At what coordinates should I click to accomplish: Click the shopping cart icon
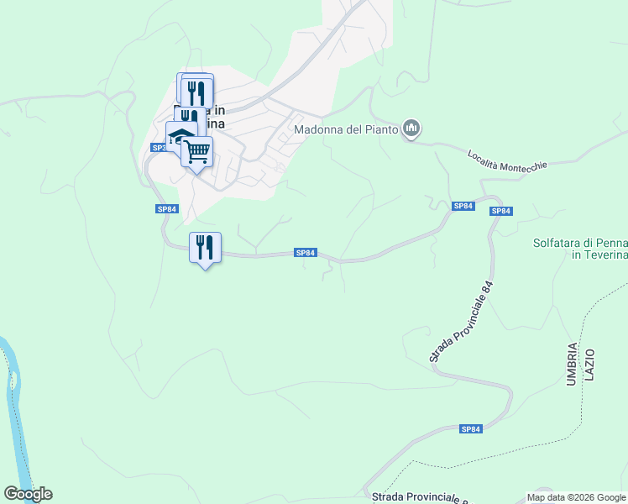pos(197,152)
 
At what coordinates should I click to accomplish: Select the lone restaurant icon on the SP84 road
pos(205,247)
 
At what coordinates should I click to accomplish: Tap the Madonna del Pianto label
pos(345,129)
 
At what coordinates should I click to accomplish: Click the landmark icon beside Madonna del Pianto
pos(411,129)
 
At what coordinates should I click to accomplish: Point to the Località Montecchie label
pos(507,160)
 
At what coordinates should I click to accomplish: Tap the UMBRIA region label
pos(572,364)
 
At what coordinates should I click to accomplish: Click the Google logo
pos(28,494)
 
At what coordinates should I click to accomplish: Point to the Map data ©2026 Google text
pos(576,497)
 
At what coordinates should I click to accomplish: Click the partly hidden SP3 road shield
pos(158,148)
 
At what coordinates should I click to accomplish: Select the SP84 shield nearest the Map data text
pos(472,428)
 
